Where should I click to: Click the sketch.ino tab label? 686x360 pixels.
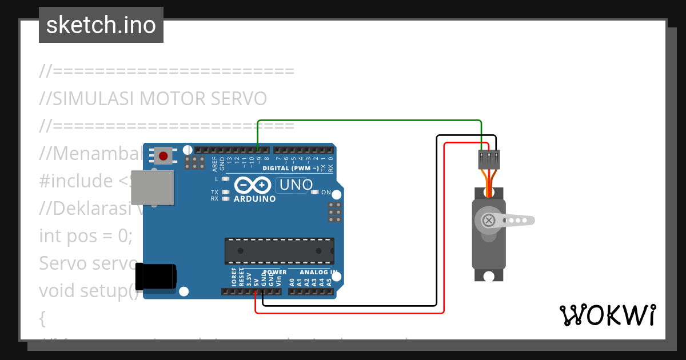(101, 25)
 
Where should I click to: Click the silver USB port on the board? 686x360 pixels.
(152, 187)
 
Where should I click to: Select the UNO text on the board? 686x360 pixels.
(295, 185)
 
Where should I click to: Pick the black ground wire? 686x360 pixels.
(437, 229)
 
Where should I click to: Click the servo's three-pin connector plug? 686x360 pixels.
(489, 159)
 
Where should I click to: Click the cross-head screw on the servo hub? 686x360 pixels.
(489, 220)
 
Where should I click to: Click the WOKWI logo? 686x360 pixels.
(607, 315)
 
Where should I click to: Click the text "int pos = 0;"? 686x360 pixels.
(86, 235)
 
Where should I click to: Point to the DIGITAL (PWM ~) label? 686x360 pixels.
(290, 169)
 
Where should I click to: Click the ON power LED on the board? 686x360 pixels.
(315, 193)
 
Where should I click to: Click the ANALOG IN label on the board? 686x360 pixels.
(318, 272)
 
